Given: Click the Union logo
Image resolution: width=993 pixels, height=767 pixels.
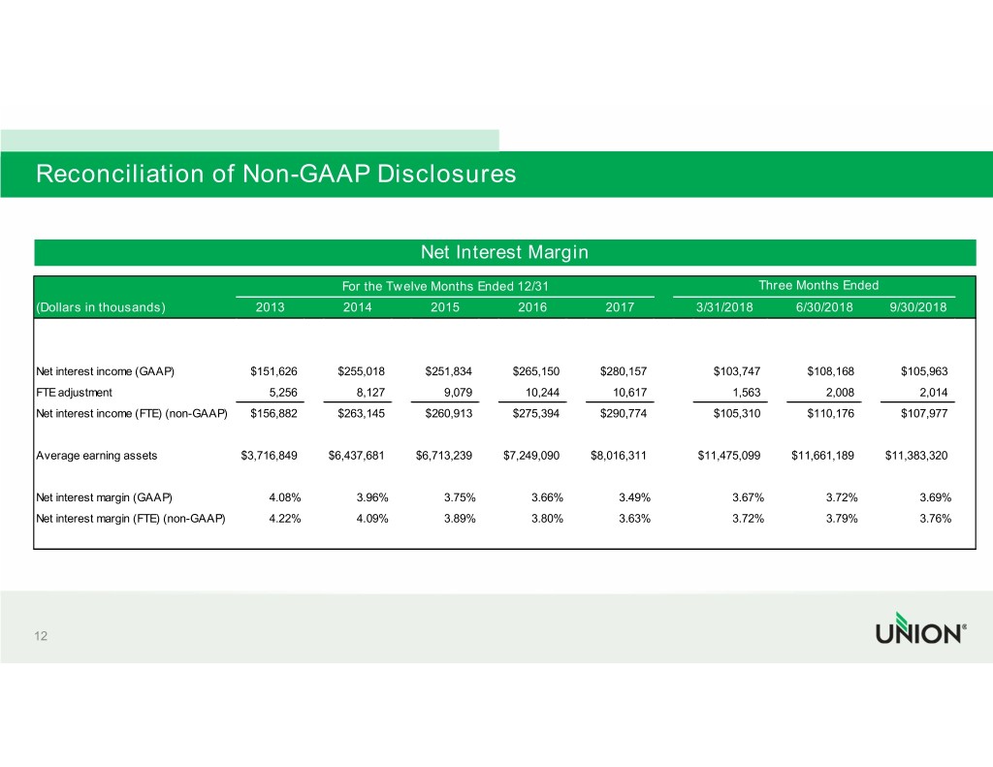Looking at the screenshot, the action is click(x=921, y=628).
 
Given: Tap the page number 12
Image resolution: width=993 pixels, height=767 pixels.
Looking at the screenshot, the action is click(x=41, y=636).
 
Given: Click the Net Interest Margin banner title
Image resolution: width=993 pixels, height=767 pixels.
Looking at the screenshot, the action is click(x=504, y=252).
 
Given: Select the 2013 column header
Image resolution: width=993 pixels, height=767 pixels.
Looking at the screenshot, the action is click(x=270, y=307).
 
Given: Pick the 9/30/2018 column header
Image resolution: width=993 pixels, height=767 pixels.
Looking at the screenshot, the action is click(x=917, y=307).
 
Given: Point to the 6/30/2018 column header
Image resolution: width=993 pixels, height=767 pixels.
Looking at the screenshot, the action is click(x=824, y=307).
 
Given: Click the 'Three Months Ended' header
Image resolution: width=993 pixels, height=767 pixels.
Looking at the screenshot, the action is click(x=818, y=285).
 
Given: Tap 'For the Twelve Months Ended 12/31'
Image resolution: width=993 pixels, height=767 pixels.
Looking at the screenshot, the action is click(x=445, y=286).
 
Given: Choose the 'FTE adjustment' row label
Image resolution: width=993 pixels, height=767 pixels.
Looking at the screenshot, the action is click(x=74, y=393).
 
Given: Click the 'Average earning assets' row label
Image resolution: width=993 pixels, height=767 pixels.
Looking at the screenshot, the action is click(x=96, y=456).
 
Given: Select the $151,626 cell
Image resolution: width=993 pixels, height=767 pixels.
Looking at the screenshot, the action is click(x=273, y=371).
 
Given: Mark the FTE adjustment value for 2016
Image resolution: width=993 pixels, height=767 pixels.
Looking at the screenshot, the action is click(x=542, y=393).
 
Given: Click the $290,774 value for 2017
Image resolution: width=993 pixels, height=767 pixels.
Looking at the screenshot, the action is click(x=624, y=414).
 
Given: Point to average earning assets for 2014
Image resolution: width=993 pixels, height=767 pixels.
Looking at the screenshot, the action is click(x=356, y=456).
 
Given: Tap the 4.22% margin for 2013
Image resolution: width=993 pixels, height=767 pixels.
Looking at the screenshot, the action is click(x=285, y=519).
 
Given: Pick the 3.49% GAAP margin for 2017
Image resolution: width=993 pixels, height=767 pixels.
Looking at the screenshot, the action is click(x=634, y=497).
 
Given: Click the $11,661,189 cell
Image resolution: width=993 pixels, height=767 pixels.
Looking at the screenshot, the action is click(x=822, y=456).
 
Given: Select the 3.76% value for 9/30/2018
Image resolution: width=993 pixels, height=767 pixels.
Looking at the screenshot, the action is click(x=936, y=519).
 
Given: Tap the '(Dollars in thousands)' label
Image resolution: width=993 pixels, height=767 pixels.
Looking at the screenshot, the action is click(x=101, y=307).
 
